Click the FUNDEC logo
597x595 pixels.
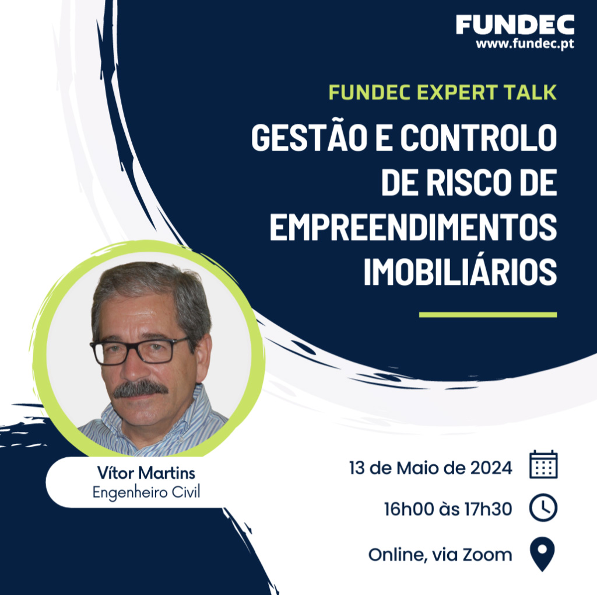pos(515,25)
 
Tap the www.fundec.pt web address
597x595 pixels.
pos(525,44)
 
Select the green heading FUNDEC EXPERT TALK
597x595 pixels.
pos(443,92)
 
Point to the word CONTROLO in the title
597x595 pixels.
pos(479,137)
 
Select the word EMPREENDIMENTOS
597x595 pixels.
pos(413,227)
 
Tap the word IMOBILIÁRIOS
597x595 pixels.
pos(461,271)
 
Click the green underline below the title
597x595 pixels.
pos(488,315)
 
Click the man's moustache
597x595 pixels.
pos(141,389)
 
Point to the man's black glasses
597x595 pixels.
pos(139,350)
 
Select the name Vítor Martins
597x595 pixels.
pos(146,473)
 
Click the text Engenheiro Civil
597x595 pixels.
pos(146,492)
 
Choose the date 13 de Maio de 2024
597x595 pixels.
pos(431,468)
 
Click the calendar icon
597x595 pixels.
pos(543,465)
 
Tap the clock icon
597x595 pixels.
pos(543,507)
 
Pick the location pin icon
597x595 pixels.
pos(543,554)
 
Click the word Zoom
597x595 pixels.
pos(487,555)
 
